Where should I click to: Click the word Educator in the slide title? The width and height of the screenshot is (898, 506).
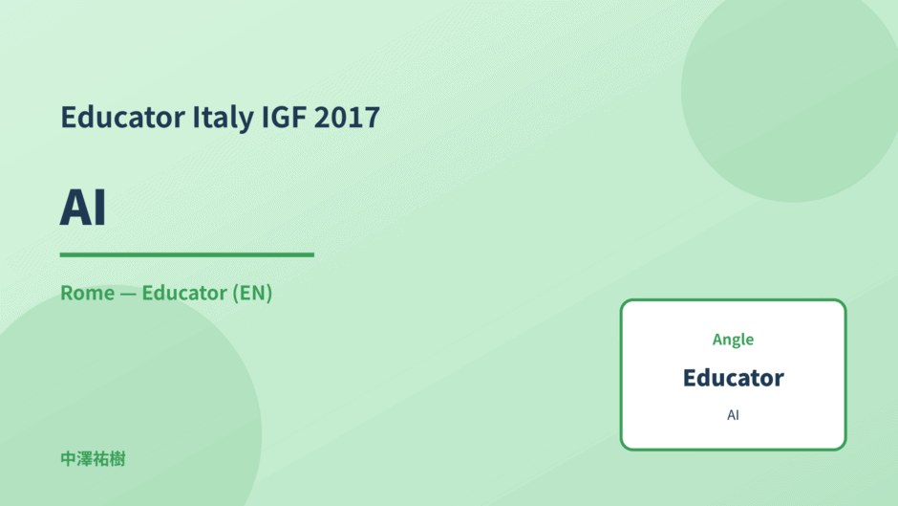coord(123,117)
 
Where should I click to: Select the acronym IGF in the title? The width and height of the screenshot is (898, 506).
coord(284,117)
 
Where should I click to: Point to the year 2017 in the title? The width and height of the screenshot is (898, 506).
coord(347,117)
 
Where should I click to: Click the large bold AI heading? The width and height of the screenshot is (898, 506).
coord(83,208)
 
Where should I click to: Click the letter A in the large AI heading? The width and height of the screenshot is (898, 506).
coord(75,208)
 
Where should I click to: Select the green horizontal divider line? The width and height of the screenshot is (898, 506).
coord(186,254)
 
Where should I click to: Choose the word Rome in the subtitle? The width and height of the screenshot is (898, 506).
coord(88,293)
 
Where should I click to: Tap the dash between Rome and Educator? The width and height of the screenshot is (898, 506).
coord(128,294)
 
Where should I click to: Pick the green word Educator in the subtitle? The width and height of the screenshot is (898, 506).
coord(184,293)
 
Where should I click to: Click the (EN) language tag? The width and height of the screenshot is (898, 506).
coord(252,293)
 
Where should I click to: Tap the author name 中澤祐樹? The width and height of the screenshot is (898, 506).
coord(93,459)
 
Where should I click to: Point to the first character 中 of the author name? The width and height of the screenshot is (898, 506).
coord(68,459)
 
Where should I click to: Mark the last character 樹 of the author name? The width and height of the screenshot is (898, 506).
coord(118,459)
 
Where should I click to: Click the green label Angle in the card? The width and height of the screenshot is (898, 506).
coord(733,340)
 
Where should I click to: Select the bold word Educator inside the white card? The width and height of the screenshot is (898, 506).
coord(733,378)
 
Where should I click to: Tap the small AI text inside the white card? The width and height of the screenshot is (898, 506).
coord(733,415)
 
